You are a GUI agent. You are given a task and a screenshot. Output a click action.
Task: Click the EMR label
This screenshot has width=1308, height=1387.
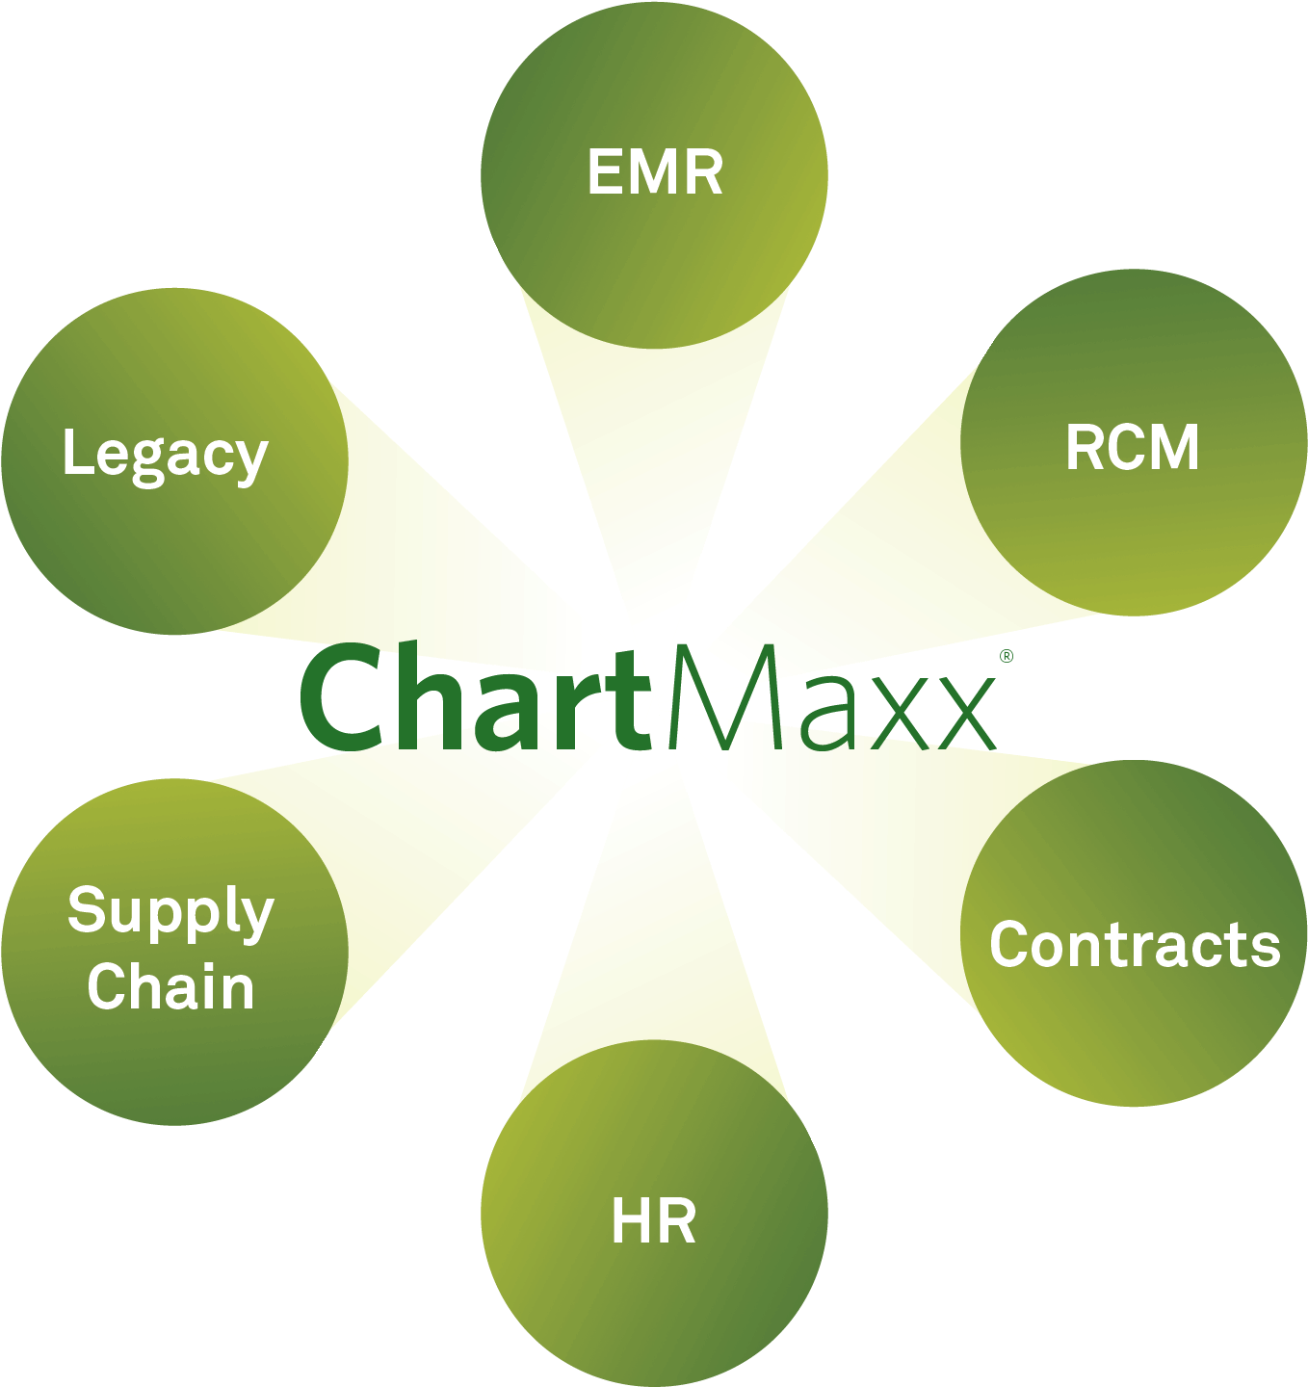pos(655,171)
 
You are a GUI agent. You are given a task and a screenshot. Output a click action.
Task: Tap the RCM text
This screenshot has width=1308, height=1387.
pos(1133,447)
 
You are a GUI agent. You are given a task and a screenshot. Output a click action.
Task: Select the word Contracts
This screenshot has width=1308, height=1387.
pos(1135,944)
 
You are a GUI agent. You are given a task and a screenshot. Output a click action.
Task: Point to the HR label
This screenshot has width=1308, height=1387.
pos(654,1220)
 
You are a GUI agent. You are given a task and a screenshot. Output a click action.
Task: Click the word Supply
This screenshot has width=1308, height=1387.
pos(170,913)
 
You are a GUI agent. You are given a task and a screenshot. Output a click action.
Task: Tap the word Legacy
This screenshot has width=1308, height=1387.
pos(166,456)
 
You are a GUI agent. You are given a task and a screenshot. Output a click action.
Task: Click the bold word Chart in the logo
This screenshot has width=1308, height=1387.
pos(475,697)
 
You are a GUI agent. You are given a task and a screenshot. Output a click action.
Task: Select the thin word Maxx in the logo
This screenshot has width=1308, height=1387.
pos(832,697)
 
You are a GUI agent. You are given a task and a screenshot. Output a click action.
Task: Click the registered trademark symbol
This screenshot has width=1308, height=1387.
pos(1007,656)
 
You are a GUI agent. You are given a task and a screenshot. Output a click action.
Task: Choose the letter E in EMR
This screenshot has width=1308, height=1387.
pos(605,171)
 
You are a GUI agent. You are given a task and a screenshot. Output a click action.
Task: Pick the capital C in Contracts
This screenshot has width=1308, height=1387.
pos(1011,944)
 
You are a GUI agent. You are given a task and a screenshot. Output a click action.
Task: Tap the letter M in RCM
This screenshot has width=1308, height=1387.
pos(1173,447)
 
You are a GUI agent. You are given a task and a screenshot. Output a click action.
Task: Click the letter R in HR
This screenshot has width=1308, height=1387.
pos(678,1220)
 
